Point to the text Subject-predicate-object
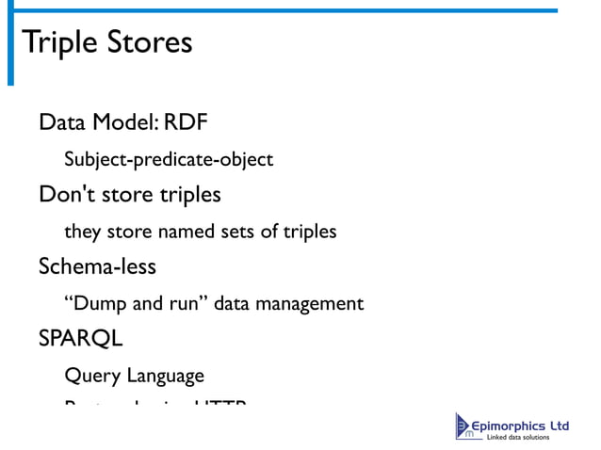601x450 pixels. click(x=169, y=159)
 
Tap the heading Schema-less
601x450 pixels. click(x=97, y=266)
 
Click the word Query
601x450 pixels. click(x=89, y=376)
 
